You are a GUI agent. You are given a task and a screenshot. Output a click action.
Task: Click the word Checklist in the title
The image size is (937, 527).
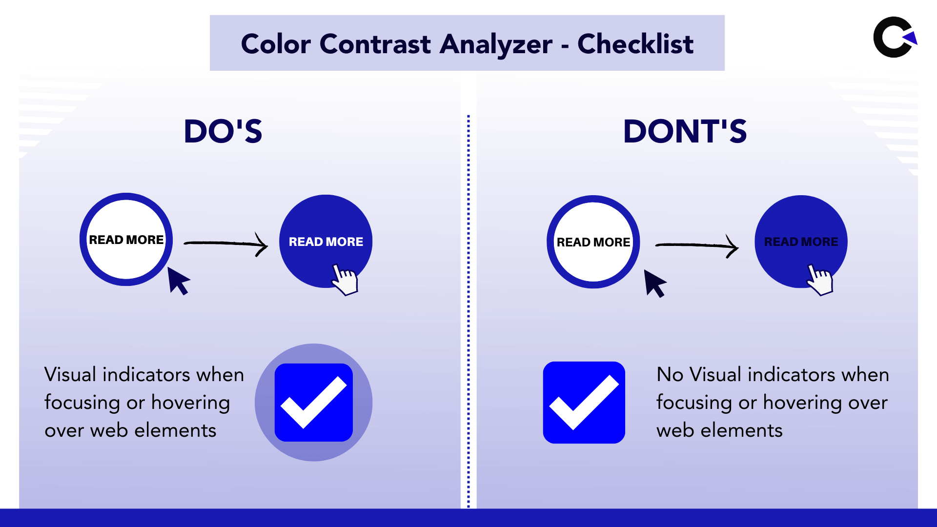point(635,44)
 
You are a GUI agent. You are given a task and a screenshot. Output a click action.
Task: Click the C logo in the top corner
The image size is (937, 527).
point(894,37)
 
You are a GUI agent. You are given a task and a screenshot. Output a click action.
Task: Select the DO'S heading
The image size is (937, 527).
point(223,131)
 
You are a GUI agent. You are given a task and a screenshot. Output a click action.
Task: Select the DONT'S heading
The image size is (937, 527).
point(685,131)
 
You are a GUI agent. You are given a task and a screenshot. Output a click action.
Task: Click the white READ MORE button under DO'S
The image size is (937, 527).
point(126,240)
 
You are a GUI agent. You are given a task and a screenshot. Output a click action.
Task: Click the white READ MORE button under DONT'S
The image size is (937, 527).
point(593,242)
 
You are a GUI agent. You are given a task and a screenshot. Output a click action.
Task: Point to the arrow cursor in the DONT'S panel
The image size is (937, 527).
point(654,283)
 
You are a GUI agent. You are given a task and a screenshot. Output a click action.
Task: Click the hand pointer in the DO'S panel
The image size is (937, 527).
point(345,280)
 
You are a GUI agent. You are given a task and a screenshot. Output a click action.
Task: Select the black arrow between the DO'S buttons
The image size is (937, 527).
point(226,243)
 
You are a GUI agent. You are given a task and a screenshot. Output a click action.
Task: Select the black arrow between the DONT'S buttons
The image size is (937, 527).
point(697,245)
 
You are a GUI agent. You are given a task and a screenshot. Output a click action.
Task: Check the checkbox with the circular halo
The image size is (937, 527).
point(314,403)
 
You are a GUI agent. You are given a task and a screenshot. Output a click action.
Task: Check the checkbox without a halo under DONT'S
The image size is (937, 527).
point(584,403)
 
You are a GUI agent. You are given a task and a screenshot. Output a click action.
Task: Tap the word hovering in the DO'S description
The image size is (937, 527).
point(190,403)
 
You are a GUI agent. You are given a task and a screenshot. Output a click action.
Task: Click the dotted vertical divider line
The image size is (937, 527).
point(468,312)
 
